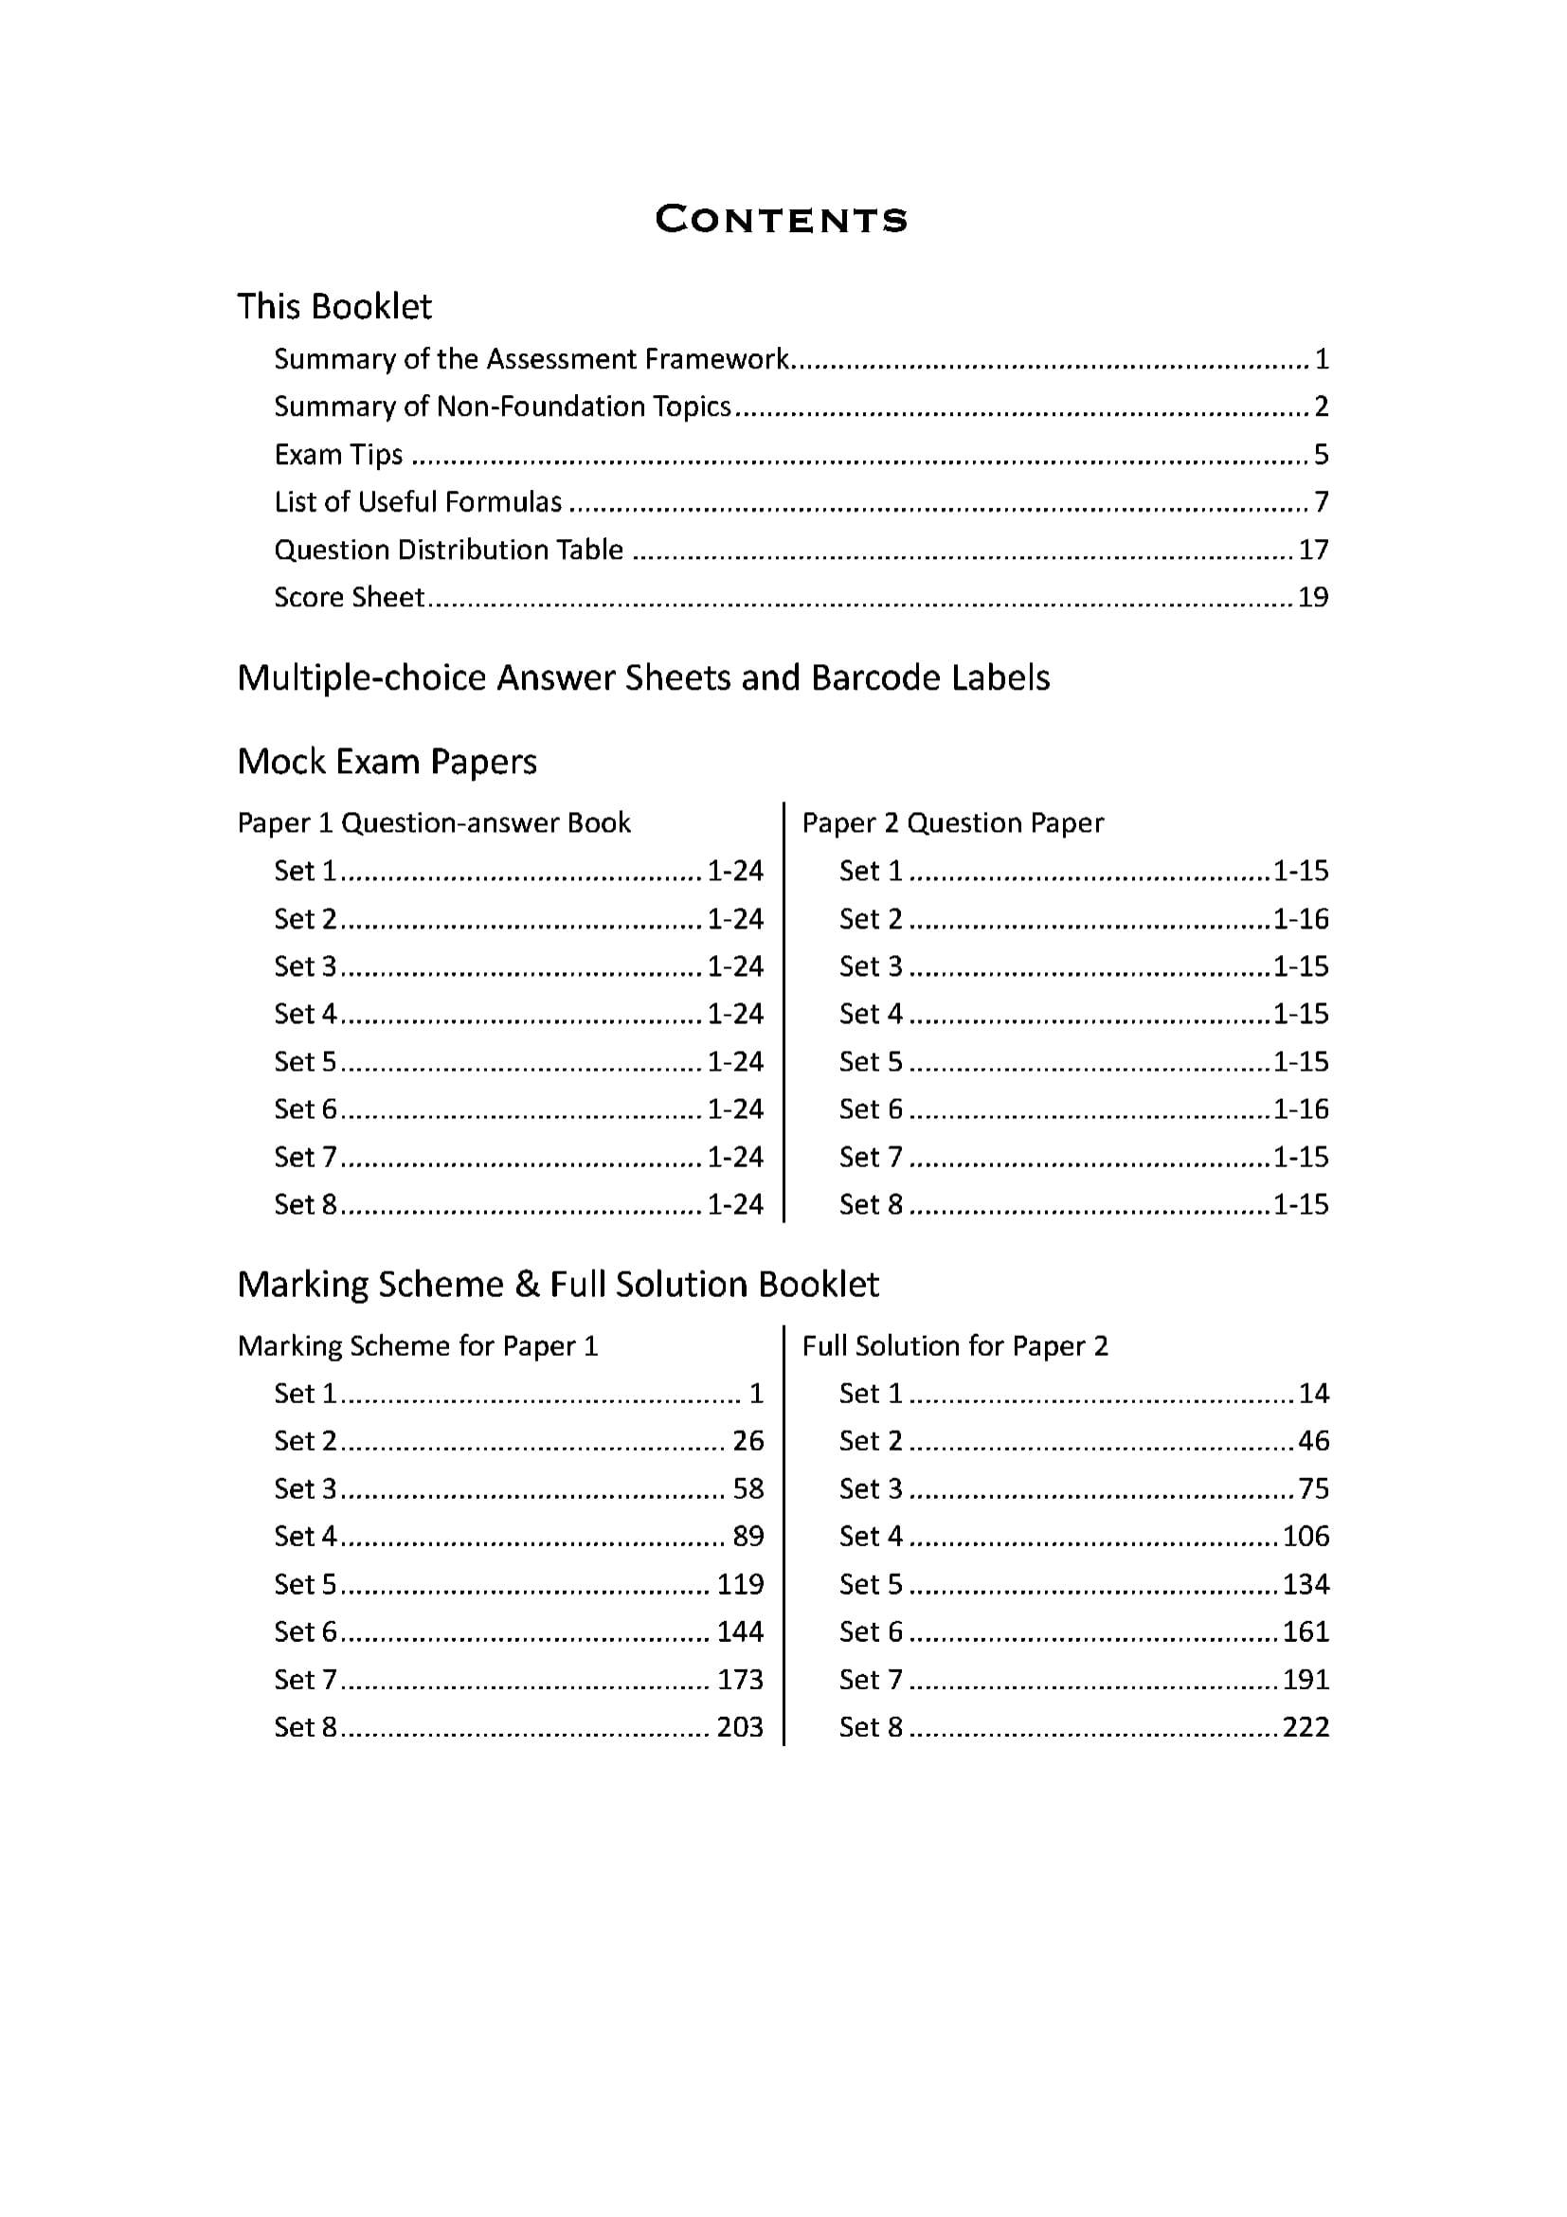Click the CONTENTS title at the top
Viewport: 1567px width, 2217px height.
click(x=781, y=220)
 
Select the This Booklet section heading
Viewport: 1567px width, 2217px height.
click(x=334, y=306)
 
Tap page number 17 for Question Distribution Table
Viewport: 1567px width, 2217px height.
click(x=1313, y=550)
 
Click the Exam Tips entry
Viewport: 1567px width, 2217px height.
click(x=338, y=454)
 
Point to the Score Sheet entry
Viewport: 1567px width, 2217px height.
click(x=349, y=597)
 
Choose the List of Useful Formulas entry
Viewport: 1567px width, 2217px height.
click(x=417, y=502)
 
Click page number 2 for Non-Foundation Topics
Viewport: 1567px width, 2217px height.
click(x=1321, y=406)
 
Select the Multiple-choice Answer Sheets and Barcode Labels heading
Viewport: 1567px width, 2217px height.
click(x=643, y=677)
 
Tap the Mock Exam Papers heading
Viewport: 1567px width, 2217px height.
click(x=387, y=762)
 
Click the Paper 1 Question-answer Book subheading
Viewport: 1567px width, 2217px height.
click(x=434, y=822)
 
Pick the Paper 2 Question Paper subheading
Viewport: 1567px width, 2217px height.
click(x=952, y=822)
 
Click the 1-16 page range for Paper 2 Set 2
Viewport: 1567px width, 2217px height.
click(x=1301, y=918)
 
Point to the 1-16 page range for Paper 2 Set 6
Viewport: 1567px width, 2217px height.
click(x=1301, y=1108)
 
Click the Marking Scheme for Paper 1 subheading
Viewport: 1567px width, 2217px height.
click(x=417, y=1346)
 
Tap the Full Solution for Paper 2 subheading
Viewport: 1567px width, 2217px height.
click(x=955, y=1346)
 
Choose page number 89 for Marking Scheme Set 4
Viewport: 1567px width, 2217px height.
click(x=748, y=1536)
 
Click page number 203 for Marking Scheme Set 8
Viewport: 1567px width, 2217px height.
click(x=740, y=1726)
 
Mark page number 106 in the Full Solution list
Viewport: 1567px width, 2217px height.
click(x=1306, y=1536)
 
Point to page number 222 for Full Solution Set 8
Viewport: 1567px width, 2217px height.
click(x=1306, y=1726)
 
